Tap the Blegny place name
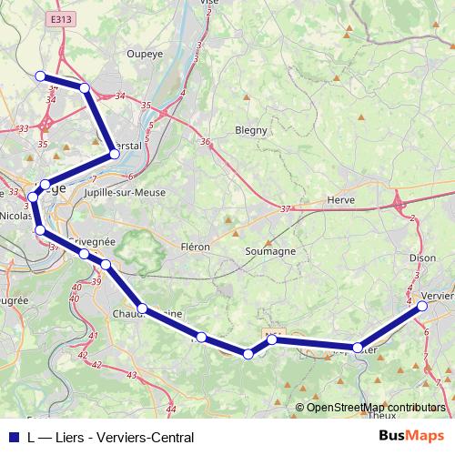tap(251, 130)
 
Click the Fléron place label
tap(195, 247)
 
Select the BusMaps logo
tap(413, 436)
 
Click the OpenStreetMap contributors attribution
tap(376, 407)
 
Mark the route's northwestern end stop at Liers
tap(39, 76)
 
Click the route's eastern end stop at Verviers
tap(423, 307)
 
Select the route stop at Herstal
tap(115, 154)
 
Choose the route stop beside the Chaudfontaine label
tap(142, 308)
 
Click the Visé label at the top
tap(209, 3)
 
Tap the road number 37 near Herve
tap(287, 209)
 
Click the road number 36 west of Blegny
tap(206, 142)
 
